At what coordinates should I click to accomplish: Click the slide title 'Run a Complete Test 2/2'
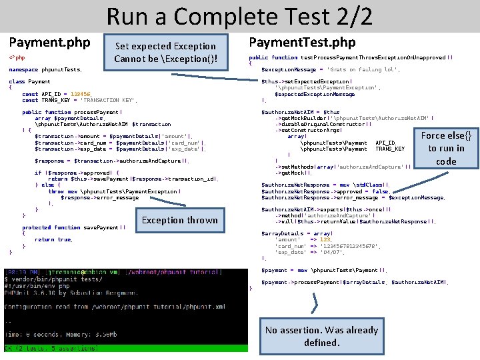239,15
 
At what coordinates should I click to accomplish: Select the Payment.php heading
49,43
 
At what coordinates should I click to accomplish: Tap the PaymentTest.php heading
302,43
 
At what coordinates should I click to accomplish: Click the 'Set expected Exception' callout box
165,52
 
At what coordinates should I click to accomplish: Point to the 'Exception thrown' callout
179,220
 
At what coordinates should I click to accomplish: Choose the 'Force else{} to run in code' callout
446,148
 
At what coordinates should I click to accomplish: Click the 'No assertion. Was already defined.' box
321,336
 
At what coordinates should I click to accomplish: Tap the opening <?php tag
17,58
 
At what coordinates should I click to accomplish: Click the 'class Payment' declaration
30,81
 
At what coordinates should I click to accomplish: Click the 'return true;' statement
45,239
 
